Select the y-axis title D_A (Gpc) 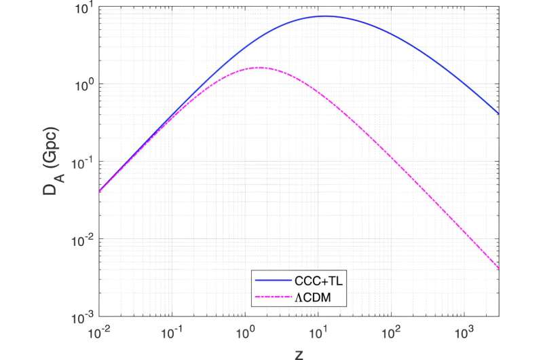[52, 163]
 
